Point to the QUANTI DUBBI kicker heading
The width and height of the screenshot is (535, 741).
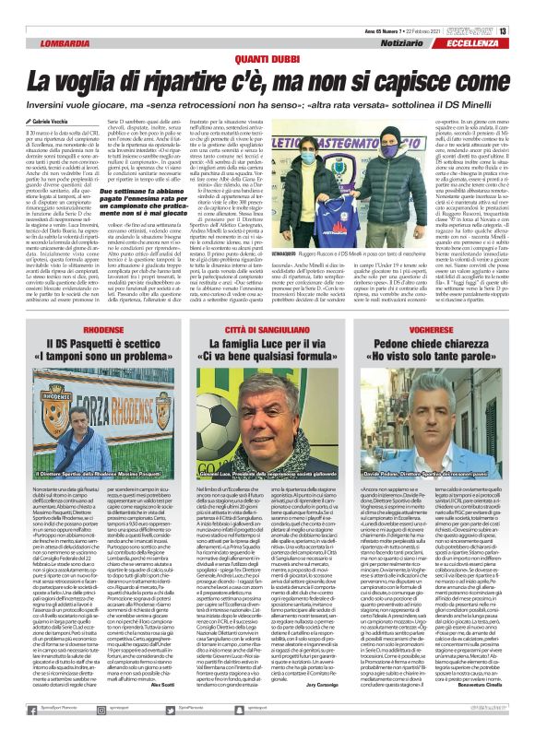point(267,59)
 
